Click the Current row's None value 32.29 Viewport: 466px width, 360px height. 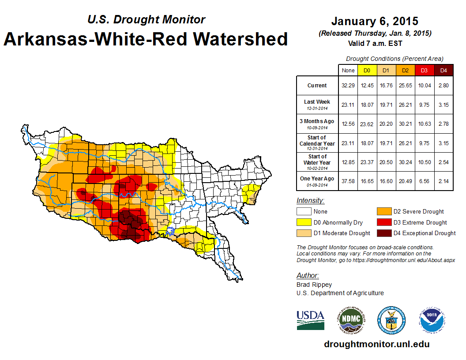(x=348, y=86)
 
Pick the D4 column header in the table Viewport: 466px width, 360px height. (x=443, y=71)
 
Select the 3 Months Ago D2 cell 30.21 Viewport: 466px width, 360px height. (x=405, y=124)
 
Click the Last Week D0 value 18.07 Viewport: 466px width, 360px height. (x=367, y=105)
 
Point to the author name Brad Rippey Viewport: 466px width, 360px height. (x=314, y=285)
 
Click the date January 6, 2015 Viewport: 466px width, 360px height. (x=375, y=21)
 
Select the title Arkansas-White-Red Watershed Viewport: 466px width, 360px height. (x=146, y=39)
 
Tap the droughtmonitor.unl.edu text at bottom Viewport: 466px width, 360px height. (x=376, y=344)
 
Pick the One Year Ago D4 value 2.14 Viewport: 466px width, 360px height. (x=443, y=181)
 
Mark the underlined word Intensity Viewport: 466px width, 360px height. (x=310, y=201)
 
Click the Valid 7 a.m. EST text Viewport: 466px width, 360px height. (x=375, y=43)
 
